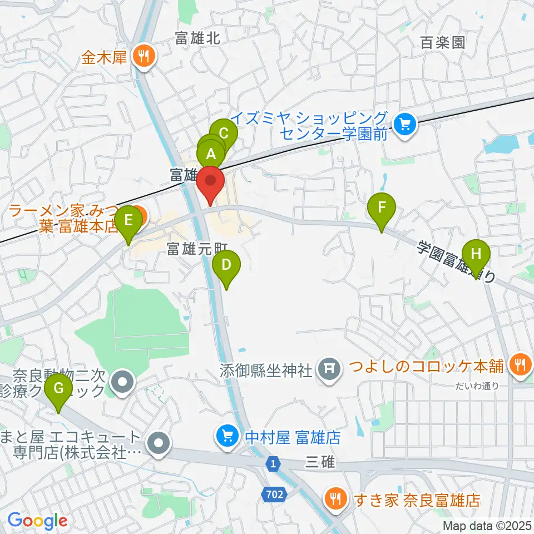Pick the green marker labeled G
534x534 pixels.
[x=58, y=390]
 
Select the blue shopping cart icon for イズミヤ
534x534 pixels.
[x=405, y=124]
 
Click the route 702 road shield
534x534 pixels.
[x=273, y=493]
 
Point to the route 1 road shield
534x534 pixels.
[x=273, y=462]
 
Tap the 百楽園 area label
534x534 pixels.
[x=442, y=42]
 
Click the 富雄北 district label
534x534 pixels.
[x=198, y=38]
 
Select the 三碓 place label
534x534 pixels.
[x=319, y=462]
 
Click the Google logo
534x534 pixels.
[x=37, y=521]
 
